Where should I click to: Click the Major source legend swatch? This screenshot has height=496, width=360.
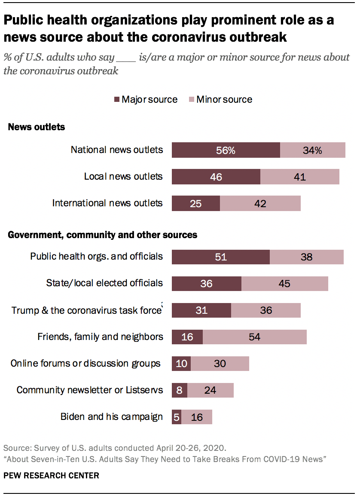click(116, 100)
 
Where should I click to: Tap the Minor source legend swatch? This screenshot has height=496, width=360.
click(191, 100)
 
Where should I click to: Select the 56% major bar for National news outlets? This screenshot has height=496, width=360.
click(226, 150)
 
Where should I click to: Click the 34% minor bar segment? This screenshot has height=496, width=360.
click(312, 150)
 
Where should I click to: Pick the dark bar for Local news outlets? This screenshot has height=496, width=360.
click(216, 177)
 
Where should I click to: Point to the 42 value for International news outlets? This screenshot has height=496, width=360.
click(260, 203)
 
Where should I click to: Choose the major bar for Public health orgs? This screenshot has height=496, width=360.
click(220, 257)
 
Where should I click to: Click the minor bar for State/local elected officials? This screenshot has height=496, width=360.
click(284, 284)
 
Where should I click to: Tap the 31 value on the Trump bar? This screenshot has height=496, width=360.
click(201, 310)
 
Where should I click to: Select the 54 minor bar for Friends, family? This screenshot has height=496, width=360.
click(254, 337)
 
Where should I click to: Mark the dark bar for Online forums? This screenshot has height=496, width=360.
click(181, 364)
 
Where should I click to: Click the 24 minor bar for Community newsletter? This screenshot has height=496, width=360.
click(210, 390)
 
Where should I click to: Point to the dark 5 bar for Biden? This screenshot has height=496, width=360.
click(176, 417)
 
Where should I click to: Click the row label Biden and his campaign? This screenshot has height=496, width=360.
click(111, 416)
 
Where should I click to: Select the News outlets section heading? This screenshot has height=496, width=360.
click(37, 127)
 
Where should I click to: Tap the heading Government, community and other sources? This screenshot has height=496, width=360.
click(103, 235)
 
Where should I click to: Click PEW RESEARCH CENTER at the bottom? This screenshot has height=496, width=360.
click(52, 475)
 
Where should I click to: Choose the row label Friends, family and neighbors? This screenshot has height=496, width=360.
click(100, 337)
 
